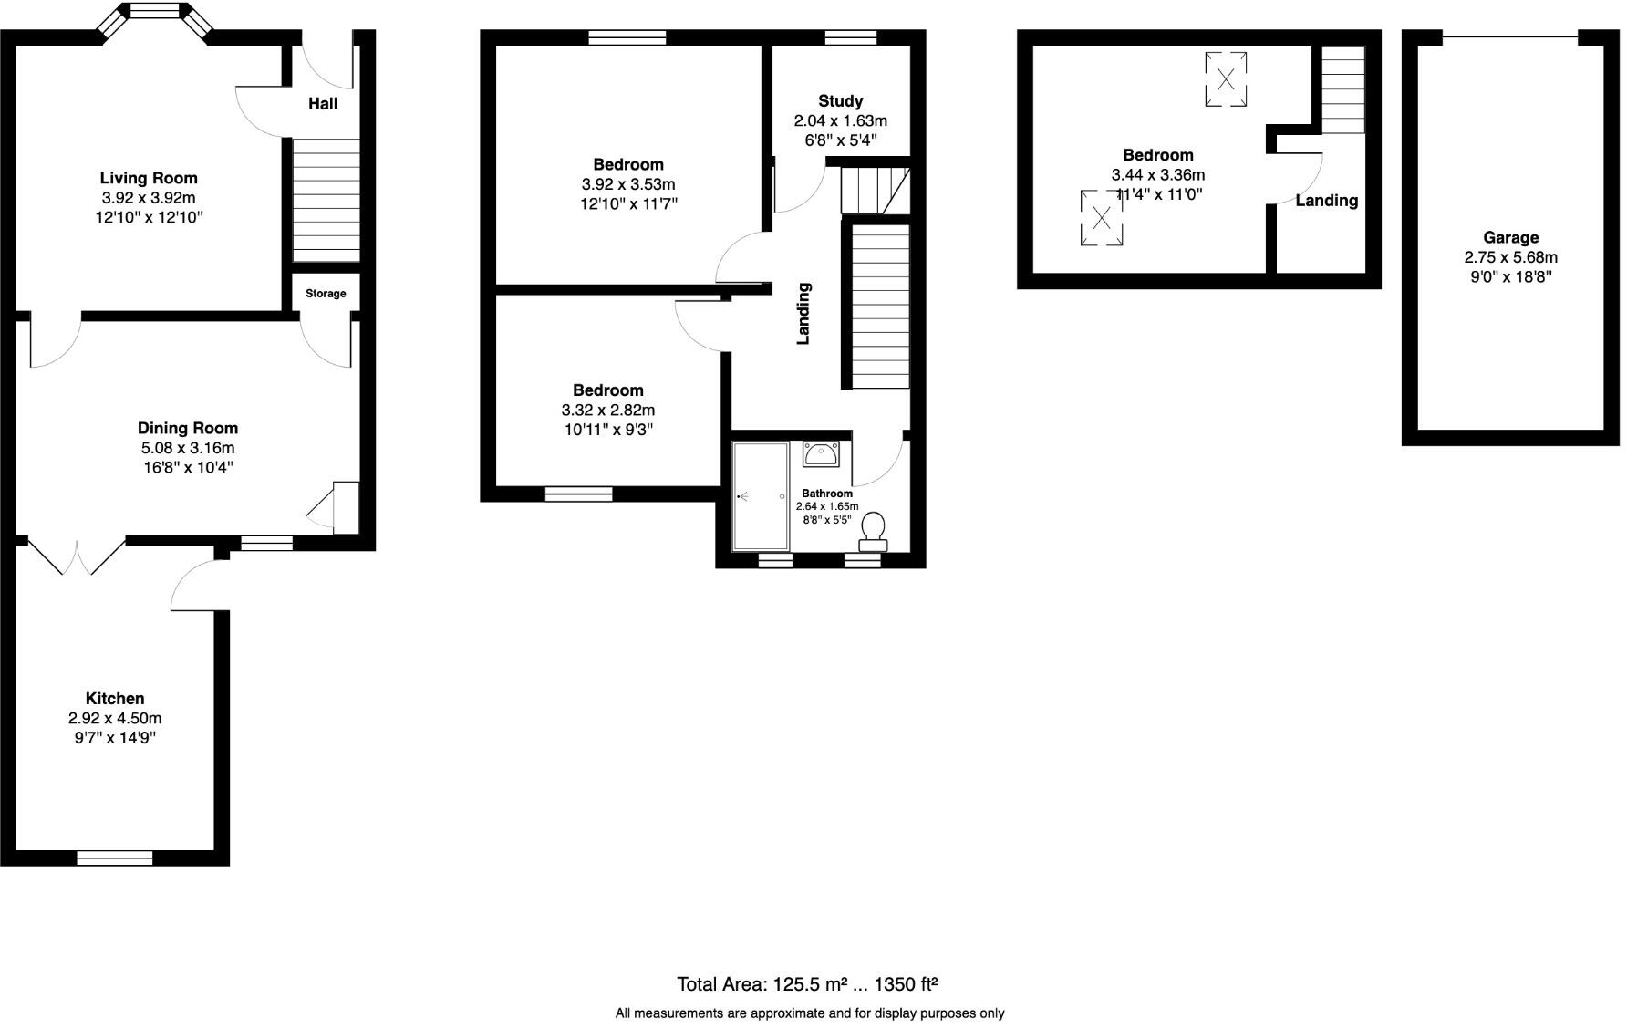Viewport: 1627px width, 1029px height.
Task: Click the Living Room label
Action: [x=149, y=178]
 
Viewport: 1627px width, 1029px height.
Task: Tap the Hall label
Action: [x=323, y=104]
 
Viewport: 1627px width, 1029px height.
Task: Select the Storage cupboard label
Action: [x=326, y=294]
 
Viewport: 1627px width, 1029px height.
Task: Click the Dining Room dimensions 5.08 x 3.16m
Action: [x=188, y=448]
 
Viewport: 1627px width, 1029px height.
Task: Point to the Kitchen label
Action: [x=115, y=699]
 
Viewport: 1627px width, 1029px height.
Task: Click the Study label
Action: [x=840, y=101]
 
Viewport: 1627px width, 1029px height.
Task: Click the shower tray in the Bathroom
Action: [x=762, y=497]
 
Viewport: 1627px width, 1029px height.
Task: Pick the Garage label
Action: [x=1510, y=238]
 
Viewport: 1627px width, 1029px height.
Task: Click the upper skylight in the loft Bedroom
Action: [x=1226, y=79]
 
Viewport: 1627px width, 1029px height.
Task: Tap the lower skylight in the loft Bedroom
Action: [x=1102, y=217]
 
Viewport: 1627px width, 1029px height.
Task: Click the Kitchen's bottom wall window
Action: [x=115, y=857]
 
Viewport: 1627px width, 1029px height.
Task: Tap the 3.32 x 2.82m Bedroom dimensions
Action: [x=608, y=411]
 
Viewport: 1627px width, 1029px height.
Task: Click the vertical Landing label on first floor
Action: [x=803, y=314]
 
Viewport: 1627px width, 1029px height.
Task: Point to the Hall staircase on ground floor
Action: [x=326, y=201]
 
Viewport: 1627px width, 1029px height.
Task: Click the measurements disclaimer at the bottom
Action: [x=809, y=1013]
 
